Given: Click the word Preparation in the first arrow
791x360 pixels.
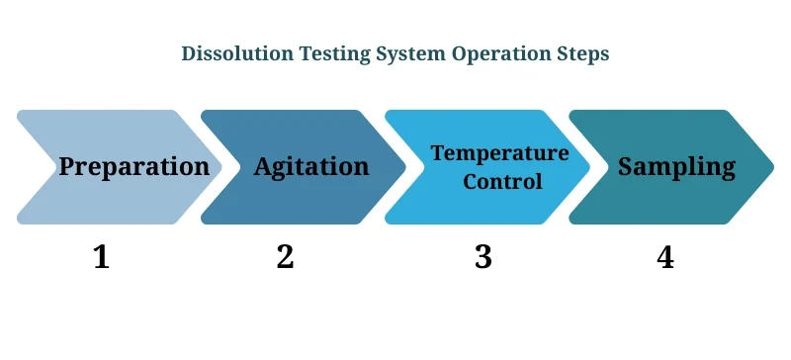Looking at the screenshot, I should [133, 166].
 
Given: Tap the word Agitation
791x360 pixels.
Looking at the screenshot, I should [310, 166].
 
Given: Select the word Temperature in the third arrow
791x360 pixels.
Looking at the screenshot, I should [499, 153].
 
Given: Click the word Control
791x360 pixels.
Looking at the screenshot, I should [502, 182].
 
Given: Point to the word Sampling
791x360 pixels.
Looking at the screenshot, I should [676, 166].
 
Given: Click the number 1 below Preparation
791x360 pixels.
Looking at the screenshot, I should [101, 257].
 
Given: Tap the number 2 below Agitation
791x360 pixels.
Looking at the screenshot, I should [285, 257].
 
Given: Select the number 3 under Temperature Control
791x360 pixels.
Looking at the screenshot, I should [483, 257].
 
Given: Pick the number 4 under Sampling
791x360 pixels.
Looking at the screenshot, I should [664, 257].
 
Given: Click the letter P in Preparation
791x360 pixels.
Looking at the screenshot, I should [67, 166].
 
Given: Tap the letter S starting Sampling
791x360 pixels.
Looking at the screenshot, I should [626, 166].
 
